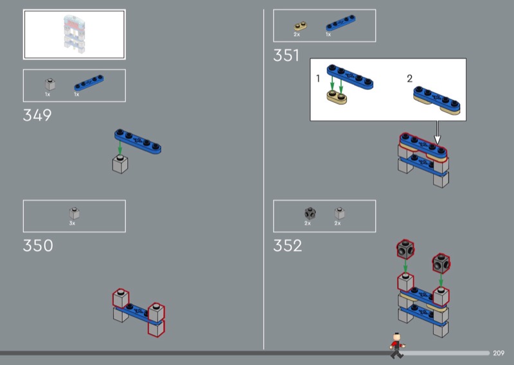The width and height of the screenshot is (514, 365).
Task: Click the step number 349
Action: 37,115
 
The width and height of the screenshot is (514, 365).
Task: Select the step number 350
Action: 38,245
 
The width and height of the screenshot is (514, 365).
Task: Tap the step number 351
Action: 286,55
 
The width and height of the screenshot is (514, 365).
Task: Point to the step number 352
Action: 287,245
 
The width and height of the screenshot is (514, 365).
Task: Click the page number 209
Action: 499,353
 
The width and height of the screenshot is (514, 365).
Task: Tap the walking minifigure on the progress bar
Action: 397,345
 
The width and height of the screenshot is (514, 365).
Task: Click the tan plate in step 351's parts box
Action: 300,26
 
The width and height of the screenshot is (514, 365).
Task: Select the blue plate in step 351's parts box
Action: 341,22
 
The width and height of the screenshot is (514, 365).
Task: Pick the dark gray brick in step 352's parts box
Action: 310,213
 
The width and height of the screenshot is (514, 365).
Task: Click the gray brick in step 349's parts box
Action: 50,84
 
